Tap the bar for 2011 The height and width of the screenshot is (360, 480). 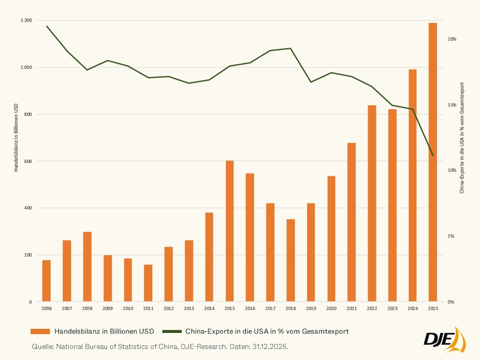[148, 283]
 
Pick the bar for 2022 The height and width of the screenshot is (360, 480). [372, 204]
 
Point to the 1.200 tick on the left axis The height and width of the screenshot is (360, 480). [26, 21]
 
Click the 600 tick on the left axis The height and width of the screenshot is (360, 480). [28, 161]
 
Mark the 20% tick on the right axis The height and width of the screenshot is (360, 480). [452, 39]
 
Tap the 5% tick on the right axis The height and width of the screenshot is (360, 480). [451, 236]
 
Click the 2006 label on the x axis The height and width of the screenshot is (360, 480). [46, 308]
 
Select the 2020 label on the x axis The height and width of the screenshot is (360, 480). [331, 308]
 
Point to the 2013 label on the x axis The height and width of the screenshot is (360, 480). [189, 308]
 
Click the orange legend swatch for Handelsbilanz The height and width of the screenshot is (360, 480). [41, 331]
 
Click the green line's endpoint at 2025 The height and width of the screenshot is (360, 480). [432, 156]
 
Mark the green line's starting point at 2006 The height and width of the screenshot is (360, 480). [46, 26]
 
